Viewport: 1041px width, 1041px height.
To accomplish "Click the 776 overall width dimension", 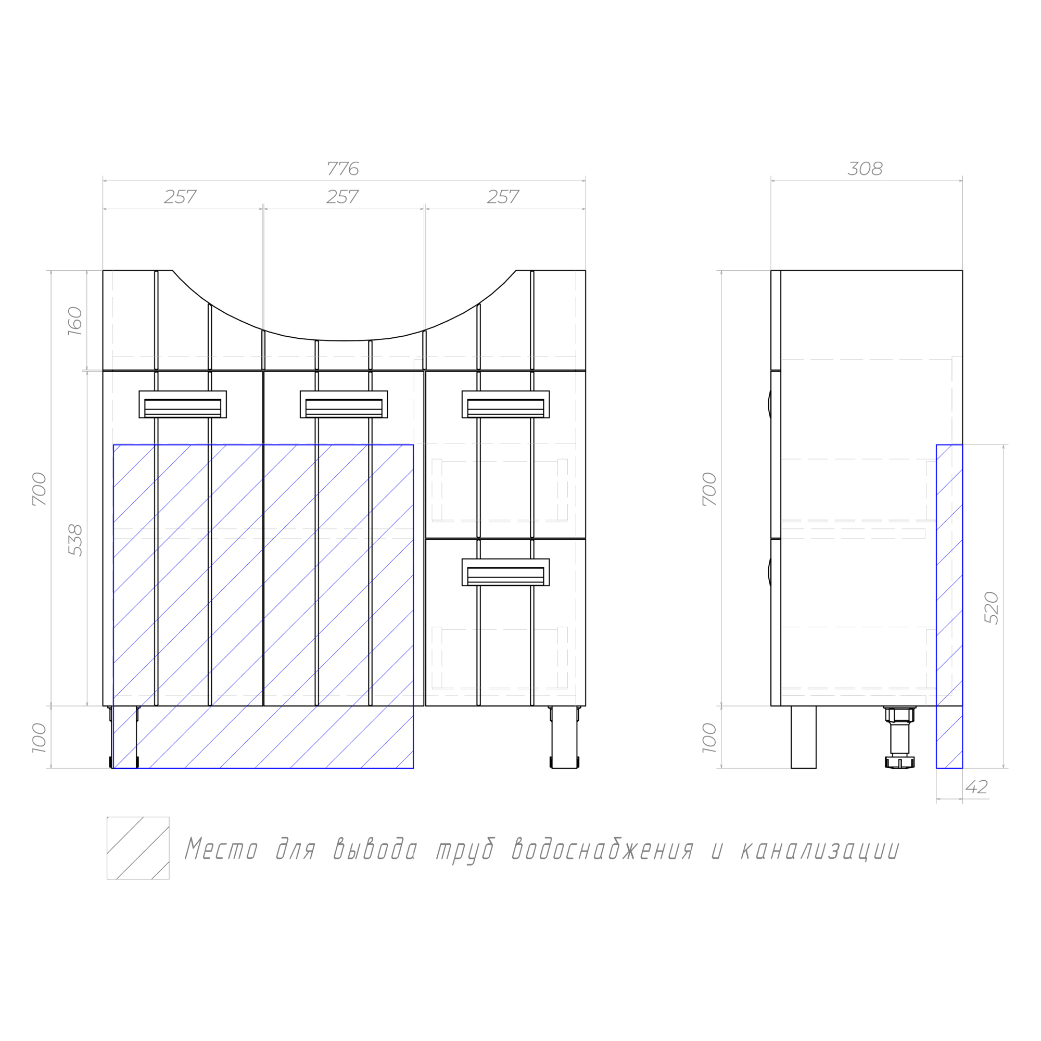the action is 342,169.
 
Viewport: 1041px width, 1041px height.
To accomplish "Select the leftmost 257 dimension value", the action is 180,197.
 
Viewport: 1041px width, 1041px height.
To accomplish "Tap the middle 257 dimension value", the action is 342,197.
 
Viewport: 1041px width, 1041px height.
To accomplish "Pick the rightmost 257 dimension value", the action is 503,197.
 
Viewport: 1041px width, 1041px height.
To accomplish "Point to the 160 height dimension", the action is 75,321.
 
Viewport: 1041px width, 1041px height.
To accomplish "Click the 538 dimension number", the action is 75,540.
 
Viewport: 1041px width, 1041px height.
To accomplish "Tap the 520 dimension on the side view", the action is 992,608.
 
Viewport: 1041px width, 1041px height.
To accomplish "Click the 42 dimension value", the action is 977,787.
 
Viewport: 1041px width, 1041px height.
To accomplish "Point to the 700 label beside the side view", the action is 709,489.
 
